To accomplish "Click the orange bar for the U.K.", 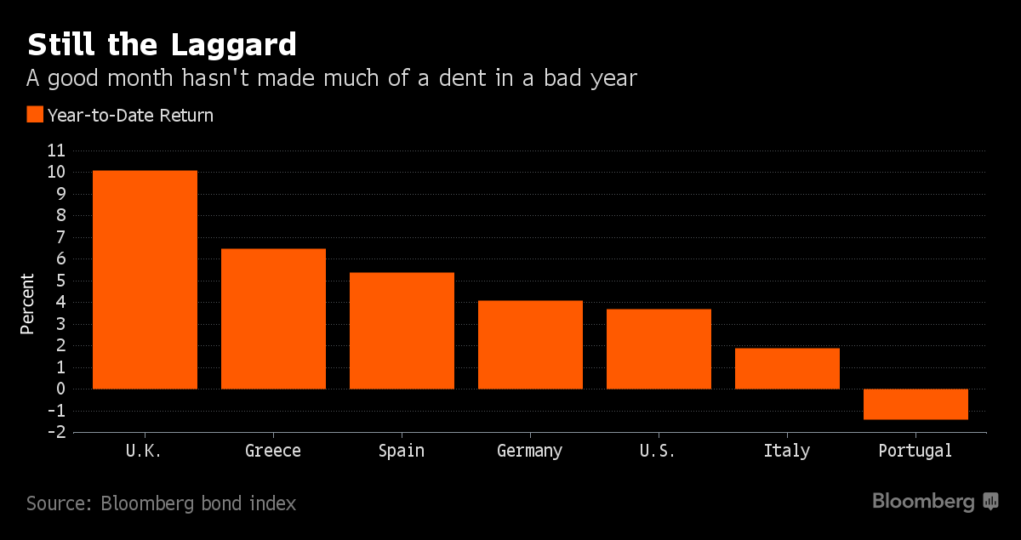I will pos(145,280).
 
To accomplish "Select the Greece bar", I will pos(273,319).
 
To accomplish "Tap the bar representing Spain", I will pos(402,331).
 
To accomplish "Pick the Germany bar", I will pos(530,344).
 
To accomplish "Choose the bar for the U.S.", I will pos(659,349).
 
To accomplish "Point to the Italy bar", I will pos(787,368).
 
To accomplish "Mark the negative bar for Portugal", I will pos(915,404).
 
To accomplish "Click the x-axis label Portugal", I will pos(915,451).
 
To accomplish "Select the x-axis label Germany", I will pos(530,451).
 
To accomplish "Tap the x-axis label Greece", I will pos(273,451).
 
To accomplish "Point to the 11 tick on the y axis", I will pos(55,151).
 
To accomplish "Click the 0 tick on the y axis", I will pos(60,389).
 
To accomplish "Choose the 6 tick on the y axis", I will pos(60,259).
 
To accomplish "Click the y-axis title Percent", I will pos(28,304).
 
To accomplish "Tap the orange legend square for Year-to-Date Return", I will pos(35,115).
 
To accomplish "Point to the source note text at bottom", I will pos(162,503).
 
